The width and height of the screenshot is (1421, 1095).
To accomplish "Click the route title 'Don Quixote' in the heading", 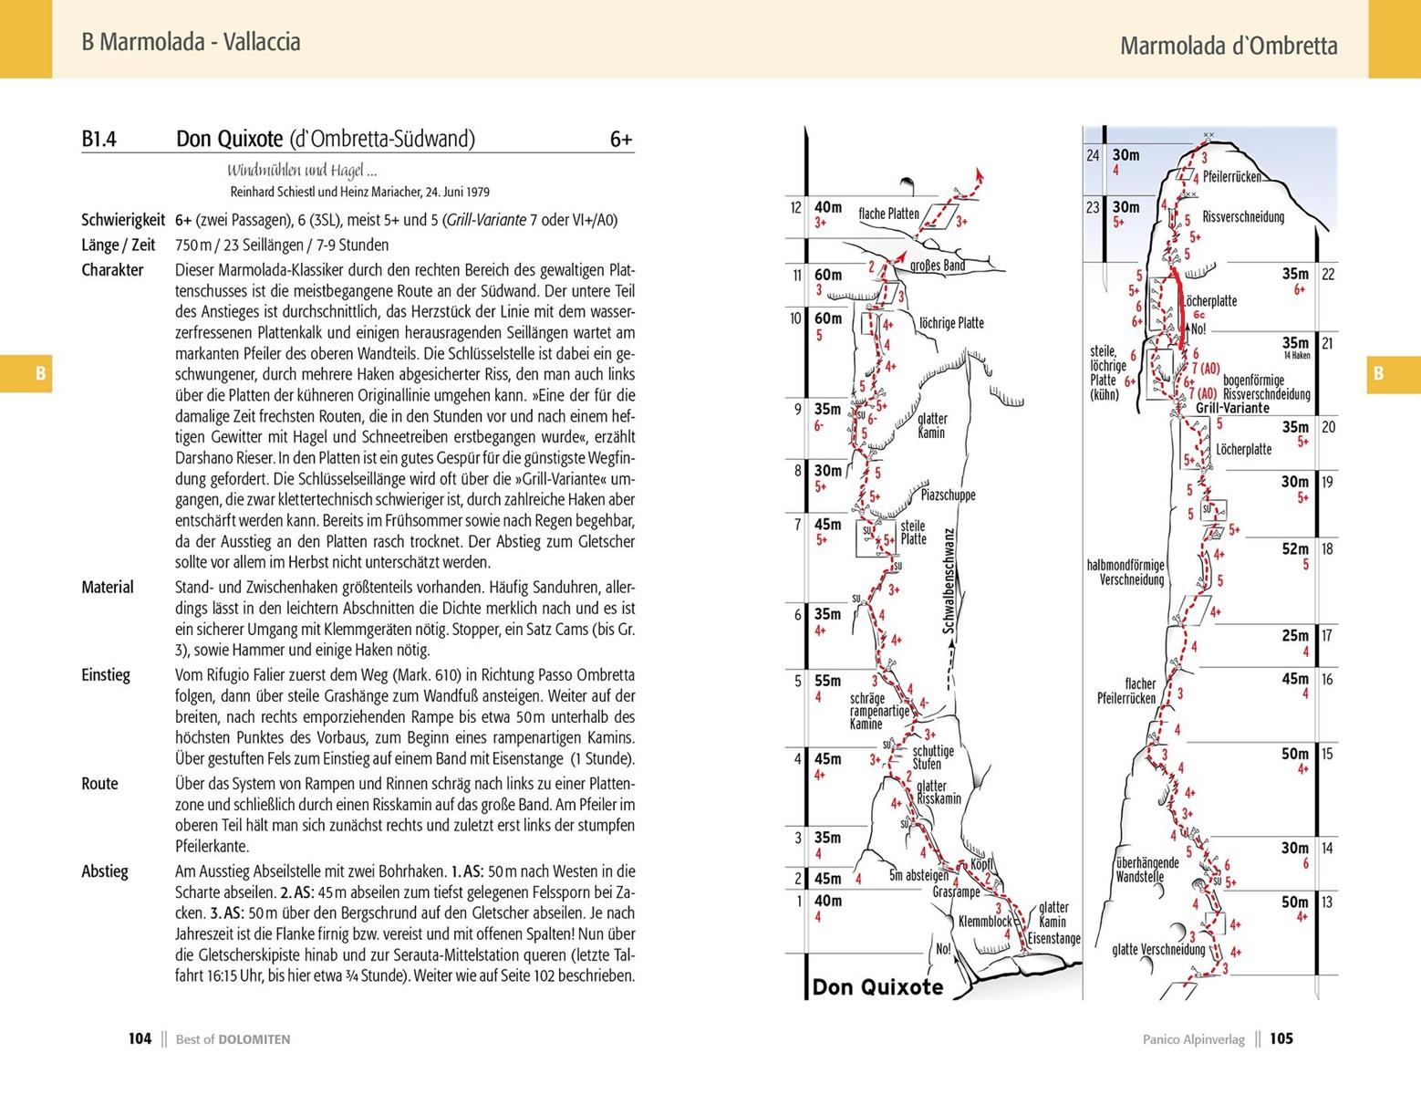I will (x=229, y=139).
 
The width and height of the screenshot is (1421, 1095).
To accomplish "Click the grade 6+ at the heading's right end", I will (x=621, y=140).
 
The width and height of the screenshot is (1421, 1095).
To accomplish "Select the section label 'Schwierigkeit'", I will (x=123, y=220).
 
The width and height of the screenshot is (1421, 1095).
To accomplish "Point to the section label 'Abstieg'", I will (x=105, y=871).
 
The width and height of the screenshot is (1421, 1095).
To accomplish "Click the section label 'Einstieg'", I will (x=106, y=675).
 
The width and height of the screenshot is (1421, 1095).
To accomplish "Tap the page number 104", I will (x=140, y=1038).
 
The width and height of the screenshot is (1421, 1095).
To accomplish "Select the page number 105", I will (x=1281, y=1038).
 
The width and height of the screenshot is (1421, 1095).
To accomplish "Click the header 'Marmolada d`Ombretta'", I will (x=1229, y=46).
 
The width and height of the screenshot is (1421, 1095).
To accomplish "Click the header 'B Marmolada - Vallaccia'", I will (x=191, y=42).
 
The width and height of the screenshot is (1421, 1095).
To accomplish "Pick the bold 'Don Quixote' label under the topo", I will (x=877, y=986).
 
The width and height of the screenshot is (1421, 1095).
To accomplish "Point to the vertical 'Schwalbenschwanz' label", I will (x=949, y=582).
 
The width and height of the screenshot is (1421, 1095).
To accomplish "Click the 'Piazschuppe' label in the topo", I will (x=948, y=495).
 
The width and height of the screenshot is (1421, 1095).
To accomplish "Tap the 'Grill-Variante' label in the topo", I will (x=1232, y=408).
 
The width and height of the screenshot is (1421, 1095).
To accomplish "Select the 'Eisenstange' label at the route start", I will (x=1053, y=938).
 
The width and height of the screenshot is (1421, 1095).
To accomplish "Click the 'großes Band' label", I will (x=938, y=266).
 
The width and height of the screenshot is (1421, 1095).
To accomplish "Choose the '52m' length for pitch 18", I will (x=1295, y=548).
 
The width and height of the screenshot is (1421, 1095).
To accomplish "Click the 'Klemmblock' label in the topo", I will (x=985, y=922).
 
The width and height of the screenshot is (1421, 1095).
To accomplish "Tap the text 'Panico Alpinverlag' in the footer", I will (x=1193, y=1038).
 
